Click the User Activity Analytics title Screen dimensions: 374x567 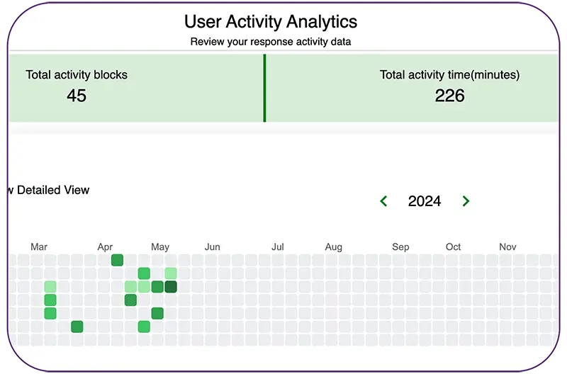click(271, 21)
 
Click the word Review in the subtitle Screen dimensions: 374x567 click(207, 42)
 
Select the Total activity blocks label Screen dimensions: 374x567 click(77, 74)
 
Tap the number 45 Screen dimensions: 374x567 click(77, 96)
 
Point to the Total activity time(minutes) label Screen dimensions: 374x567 click(449, 74)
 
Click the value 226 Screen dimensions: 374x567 click(449, 96)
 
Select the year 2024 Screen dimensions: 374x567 click(425, 201)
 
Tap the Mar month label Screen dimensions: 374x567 click(39, 247)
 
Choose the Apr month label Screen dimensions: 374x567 click(105, 247)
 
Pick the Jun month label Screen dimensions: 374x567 click(212, 247)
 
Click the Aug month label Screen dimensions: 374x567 click(333, 247)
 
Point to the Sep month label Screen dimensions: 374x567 click(400, 247)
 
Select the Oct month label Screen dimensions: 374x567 click(453, 247)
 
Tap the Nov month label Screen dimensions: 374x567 click(507, 247)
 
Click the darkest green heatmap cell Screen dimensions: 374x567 click(170, 287)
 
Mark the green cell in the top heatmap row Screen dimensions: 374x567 click(117, 260)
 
